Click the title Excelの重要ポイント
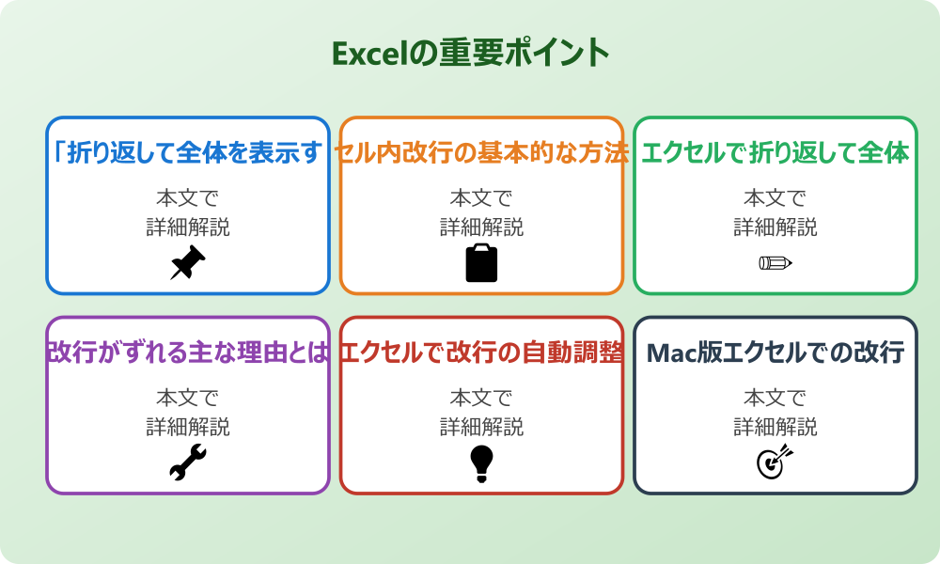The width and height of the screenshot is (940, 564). tap(470, 53)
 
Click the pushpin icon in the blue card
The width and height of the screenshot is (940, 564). tap(188, 262)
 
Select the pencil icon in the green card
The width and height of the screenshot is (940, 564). tap(775, 262)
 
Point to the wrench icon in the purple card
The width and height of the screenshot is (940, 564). tap(188, 462)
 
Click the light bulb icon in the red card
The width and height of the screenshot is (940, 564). tap(481, 462)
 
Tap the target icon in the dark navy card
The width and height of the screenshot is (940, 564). tap(775, 462)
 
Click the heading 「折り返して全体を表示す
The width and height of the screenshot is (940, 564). tap(188, 152)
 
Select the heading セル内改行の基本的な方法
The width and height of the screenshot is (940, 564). tap(481, 152)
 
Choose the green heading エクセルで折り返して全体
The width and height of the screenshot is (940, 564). tap(775, 152)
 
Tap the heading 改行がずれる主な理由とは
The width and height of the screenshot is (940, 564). tap(188, 352)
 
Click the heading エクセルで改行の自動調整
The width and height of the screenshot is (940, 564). tap(481, 352)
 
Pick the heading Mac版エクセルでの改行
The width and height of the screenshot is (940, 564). tap(775, 352)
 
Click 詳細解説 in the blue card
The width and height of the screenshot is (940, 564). tap(188, 227)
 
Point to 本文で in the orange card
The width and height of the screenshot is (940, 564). tap(481, 198)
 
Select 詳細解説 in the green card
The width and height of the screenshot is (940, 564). tap(775, 227)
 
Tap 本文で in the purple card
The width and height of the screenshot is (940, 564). tap(188, 399)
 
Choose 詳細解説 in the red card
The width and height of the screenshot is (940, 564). tap(481, 427)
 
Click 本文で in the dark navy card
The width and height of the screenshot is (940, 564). tap(775, 399)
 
